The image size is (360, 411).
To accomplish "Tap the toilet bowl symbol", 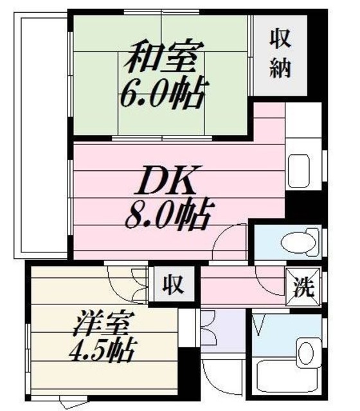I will coord(292,243).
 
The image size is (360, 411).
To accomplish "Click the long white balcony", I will coord(42,135).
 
